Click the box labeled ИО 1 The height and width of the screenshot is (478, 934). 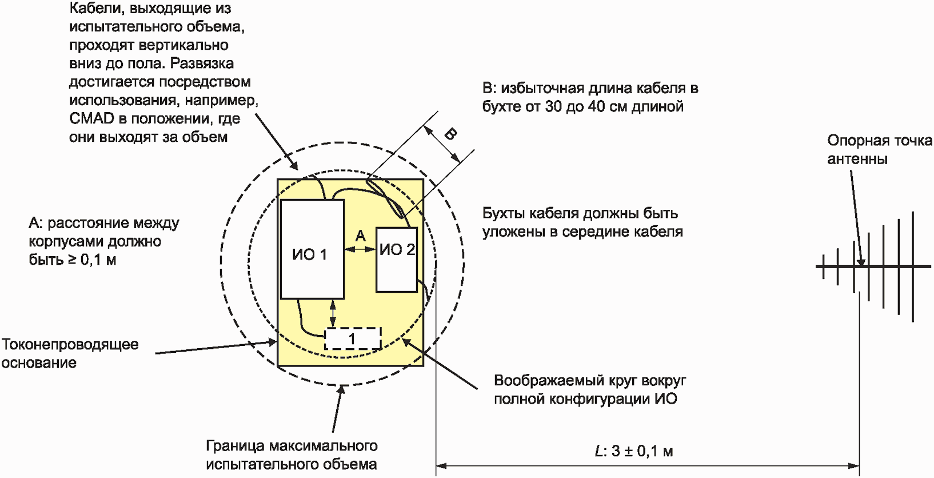tap(312, 249)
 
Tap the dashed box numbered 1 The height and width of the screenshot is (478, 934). tap(353, 338)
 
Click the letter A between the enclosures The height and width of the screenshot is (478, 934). tap(360, 236)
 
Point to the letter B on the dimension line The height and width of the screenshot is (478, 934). tap(450, 134)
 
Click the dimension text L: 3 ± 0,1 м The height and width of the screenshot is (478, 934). tap(634, 451)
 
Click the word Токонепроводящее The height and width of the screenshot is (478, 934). tap(70, 344)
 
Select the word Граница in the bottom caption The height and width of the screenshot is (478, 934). tap(235, 445)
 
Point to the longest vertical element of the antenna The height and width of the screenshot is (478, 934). tap(913, 266)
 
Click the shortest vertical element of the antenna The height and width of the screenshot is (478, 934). tap(823, 266)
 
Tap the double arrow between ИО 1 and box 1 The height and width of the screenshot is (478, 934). tap(333, 313)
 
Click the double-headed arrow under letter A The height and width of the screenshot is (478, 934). tap(360, 249)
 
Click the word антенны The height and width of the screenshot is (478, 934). tap(857, 159)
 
